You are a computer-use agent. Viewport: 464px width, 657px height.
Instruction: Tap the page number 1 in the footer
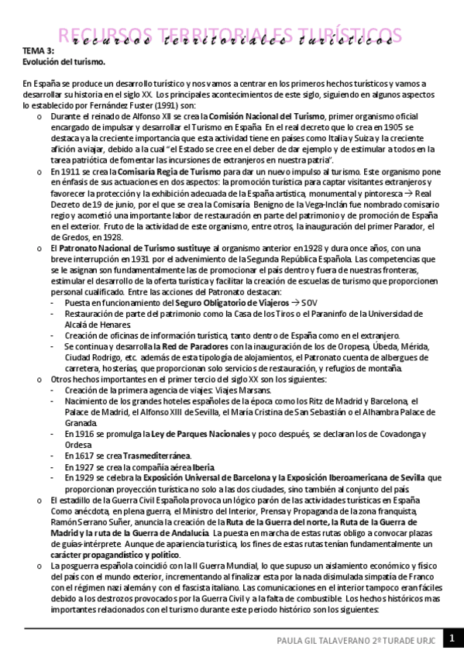(452, 640)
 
